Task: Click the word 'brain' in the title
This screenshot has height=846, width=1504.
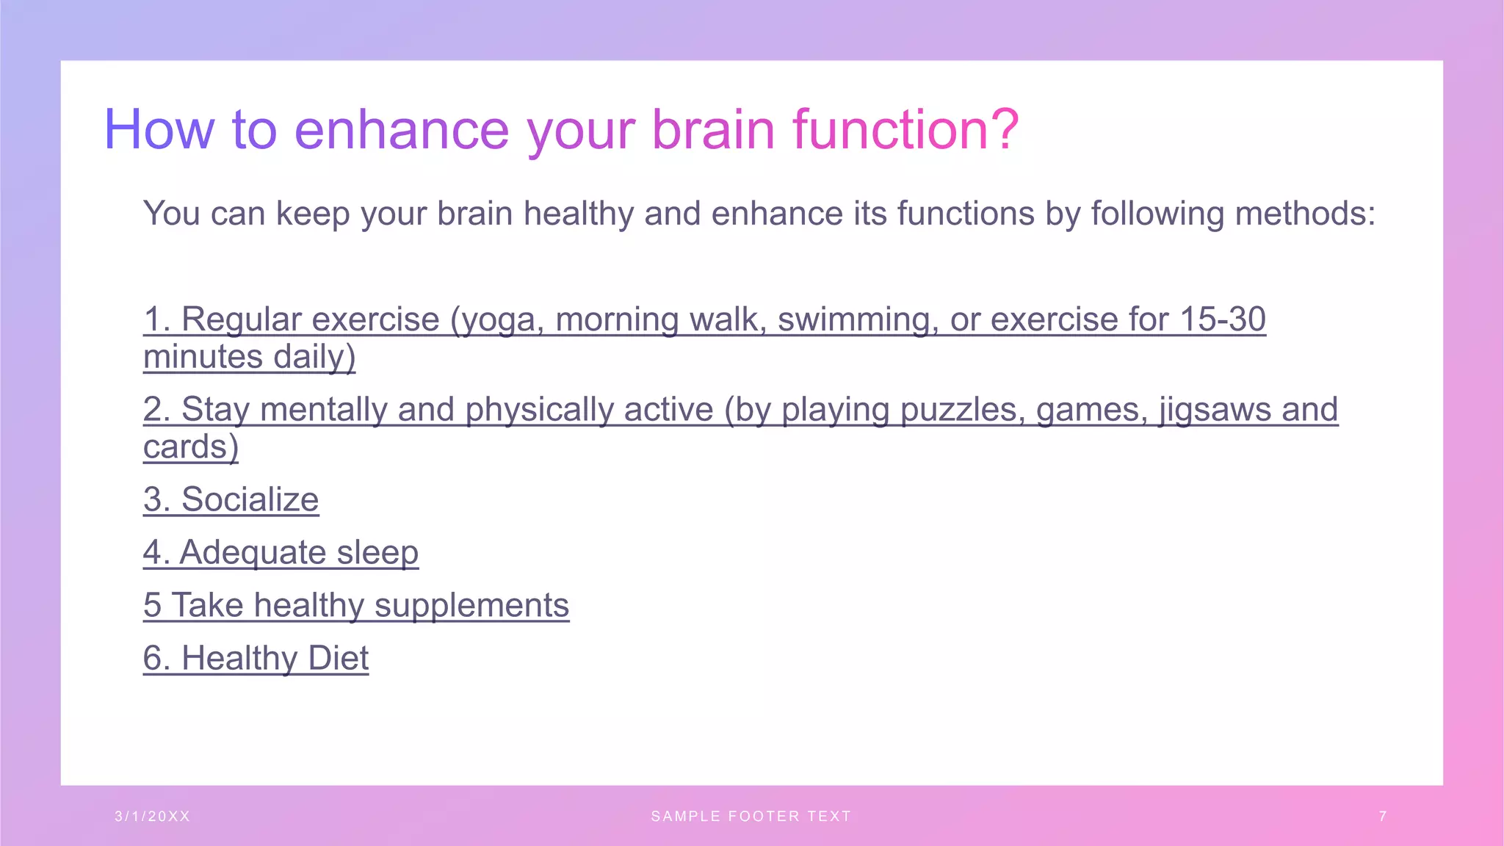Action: coord(713,130)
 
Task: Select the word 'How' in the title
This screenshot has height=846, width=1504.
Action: coord(159,130)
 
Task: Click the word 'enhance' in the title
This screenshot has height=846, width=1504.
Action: coord(401,130)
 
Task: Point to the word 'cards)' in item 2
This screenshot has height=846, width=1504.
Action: coord(191,446)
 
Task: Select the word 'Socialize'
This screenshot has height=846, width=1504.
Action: coord(250,499)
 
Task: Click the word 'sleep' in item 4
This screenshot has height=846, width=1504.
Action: coord(377,552)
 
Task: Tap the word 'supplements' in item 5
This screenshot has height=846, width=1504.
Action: coord(471,606)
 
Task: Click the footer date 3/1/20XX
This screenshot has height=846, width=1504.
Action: coord(152,817)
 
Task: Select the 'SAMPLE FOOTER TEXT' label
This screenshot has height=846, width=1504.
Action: coord(751,817)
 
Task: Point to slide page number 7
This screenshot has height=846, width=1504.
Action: coord(1383,817)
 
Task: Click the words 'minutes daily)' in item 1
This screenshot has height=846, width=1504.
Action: coord(249,357)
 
